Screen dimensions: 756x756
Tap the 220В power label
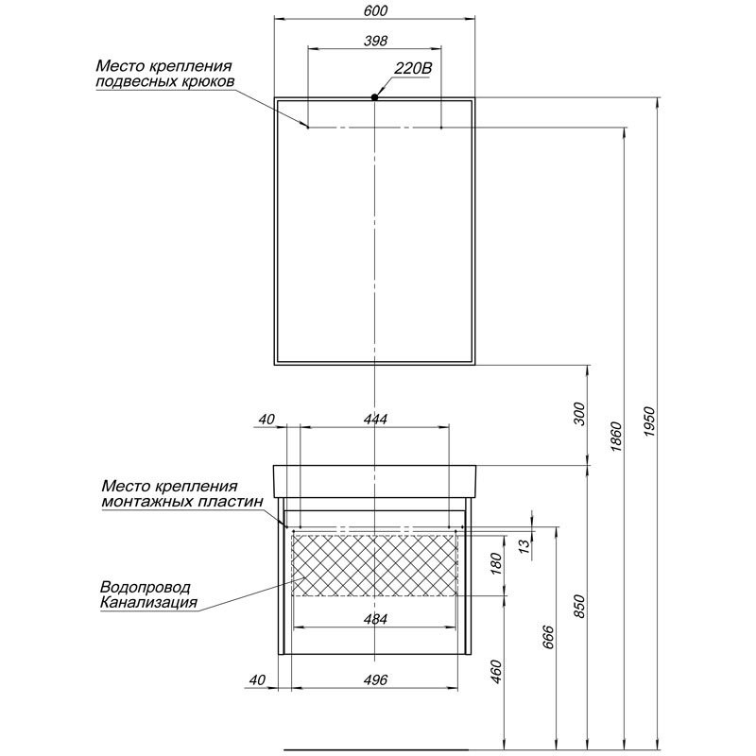click(412, 68)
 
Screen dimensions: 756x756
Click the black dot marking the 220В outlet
click(375, 97)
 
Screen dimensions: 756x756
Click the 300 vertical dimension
click(580, 414)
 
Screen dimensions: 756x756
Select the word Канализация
click(147, 602)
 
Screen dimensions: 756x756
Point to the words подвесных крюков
click(159, 82)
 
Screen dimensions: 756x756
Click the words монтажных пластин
click(180, 503)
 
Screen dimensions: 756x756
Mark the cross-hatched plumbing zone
click(376, 564)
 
